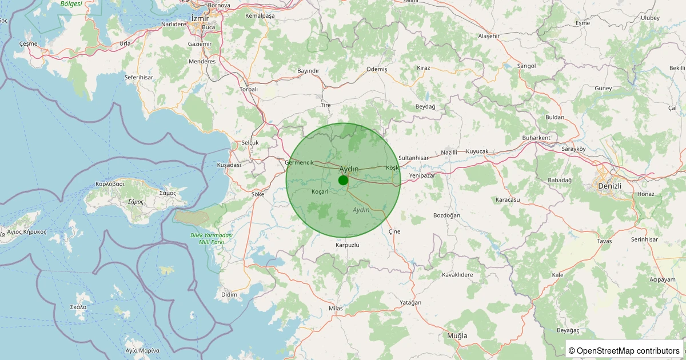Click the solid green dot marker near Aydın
click(343, 181)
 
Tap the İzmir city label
click(200, 18)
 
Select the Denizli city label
click(609, 186)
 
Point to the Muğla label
click(457, 335)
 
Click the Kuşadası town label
click(229, 165)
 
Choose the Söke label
click(258, 194)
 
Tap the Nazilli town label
click(450, 153)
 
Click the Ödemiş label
click(377, 69)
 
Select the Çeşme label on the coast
click(28, 43)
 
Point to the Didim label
click(229, 294)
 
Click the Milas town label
click(336, 309)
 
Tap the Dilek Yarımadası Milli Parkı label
click(212, 239)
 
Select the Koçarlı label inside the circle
click(321, 191)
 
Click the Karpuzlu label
click(348, 245)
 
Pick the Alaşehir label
click(489, 36)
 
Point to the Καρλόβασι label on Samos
click(110, 185)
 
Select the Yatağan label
click(410, 302)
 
